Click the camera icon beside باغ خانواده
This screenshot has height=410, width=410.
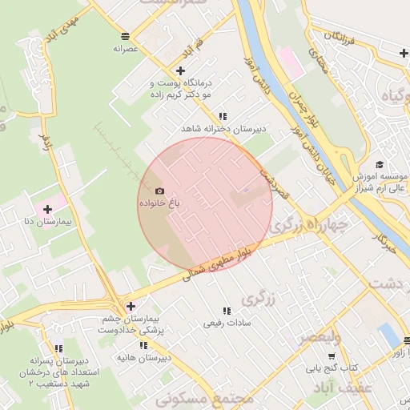[159, 191]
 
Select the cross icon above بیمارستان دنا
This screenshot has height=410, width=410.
[47, 208]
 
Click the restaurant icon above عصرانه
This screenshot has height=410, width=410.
[126, 36]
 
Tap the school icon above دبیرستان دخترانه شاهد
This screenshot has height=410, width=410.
[222, 116]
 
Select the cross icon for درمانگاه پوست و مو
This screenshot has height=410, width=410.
[181, 70]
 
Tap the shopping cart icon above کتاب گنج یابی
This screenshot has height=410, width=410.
[332, 356]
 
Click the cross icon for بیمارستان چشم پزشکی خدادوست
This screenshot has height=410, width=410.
[131, 306]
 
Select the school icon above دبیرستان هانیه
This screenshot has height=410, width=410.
[143, 345]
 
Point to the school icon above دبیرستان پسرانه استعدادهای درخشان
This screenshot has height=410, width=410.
[58, 348]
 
